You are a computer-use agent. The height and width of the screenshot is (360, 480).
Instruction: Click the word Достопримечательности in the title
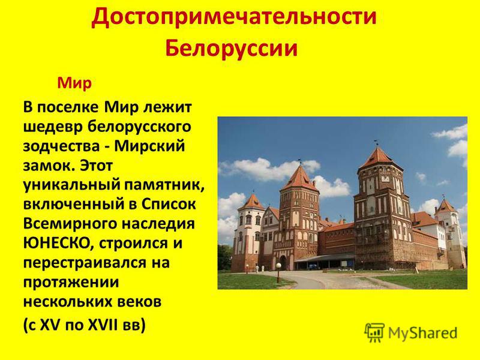tap(234, 17)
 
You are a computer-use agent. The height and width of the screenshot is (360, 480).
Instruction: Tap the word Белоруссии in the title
tap(232, 48)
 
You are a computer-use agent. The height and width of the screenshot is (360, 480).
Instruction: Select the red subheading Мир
tap(74, 83)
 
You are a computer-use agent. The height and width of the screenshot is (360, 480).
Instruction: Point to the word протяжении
tap(71, 282)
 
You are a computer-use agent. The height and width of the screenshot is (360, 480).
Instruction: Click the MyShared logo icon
tap(374, 332)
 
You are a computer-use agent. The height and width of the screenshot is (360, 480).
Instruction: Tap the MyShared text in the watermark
tap(423, 333)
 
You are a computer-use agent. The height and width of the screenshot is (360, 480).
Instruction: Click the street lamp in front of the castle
tap(278, 272)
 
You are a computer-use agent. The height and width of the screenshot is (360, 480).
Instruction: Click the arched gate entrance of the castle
tap(283, 263)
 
